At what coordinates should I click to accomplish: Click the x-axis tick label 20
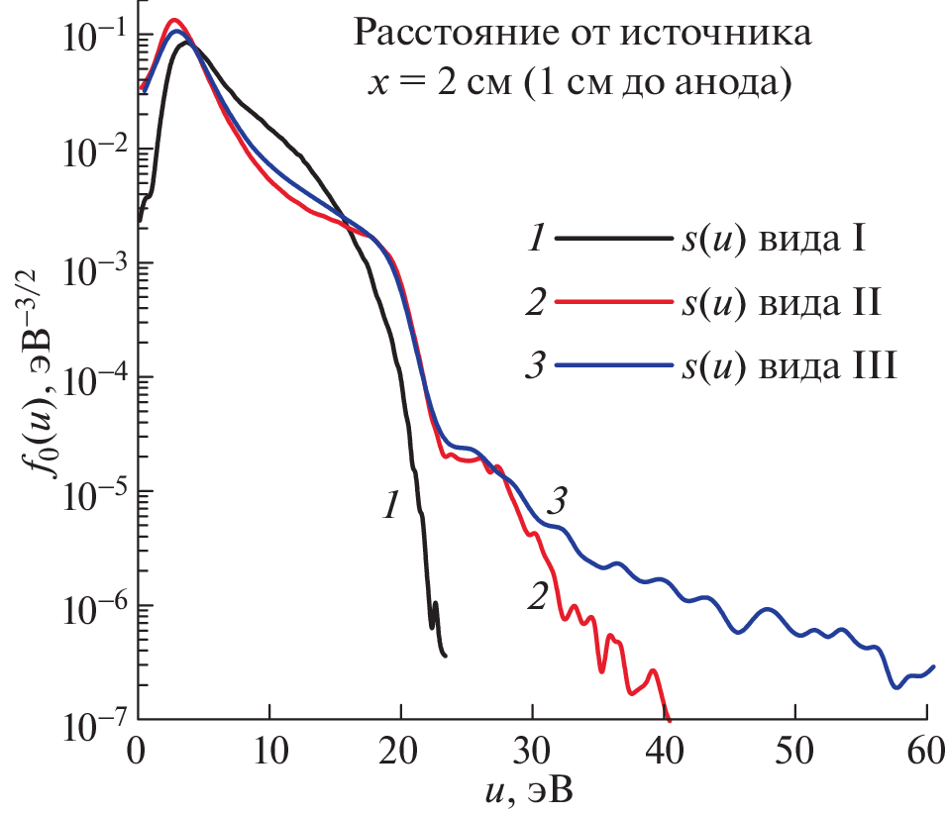[x=400, y=745]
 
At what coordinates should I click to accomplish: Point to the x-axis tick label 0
[x=138, y=745]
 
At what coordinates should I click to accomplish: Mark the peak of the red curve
[x=174, y=20]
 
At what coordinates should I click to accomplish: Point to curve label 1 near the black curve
[x=390, y=507]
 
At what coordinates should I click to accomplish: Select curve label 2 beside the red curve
[x=537, y=597]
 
